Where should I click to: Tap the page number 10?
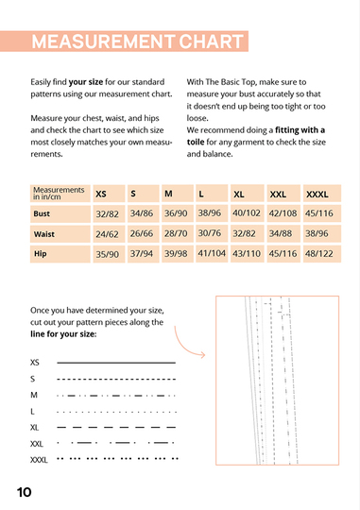coord(25,492)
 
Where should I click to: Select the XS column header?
coord(101,194)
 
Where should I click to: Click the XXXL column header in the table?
coord(317,194)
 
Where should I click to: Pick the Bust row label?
coord(42,213)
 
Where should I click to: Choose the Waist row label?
coord(43,233)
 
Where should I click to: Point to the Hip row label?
coord(40,254)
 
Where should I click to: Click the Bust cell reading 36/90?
coord(177,213)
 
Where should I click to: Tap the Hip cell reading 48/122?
coord(318,254)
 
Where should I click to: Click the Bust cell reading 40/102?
coord(247,213)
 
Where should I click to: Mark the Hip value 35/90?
coord(107,254)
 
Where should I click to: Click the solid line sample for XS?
coord(116,362)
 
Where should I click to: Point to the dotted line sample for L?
coord(116,412)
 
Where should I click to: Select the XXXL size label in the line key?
coord(39,460)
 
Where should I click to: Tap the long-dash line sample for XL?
coord(116,428)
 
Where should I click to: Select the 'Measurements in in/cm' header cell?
coord(59,194)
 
